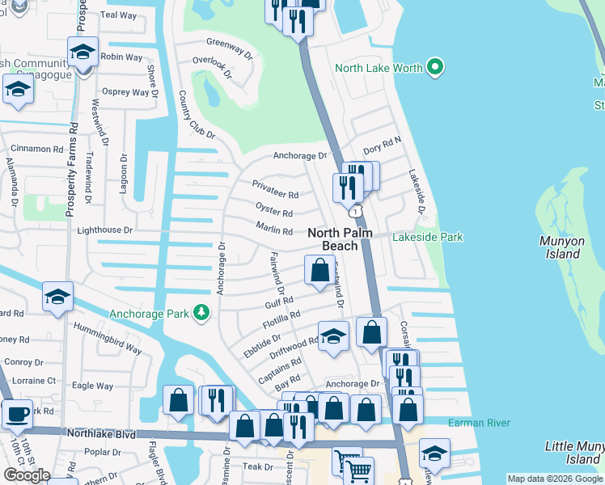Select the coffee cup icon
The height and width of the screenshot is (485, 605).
[x=16, y=415]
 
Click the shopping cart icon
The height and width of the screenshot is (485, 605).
[x=357, y=470]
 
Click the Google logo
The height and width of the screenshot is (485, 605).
[x=27, y=475]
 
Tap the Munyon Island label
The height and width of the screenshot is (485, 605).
[x=561, y=247]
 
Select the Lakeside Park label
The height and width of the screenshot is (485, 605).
[x=427, y=238]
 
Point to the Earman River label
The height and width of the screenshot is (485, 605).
[x=476, y=422]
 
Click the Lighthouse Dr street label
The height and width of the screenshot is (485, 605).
[x=104, y=230]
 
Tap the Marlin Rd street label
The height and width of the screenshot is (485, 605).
[x=274, y=231]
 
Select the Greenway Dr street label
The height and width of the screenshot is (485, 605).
[x=231, y=43]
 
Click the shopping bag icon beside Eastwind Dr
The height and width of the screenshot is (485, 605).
[x=320, y=269]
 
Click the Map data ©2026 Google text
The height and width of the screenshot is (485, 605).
[x=553, y=479]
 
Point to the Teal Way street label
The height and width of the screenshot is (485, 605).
[x=119, y=15]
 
